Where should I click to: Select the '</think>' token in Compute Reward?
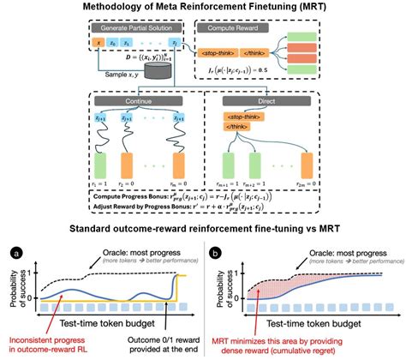coord(276,55)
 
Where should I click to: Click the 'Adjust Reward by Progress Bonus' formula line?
coord(202,207)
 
